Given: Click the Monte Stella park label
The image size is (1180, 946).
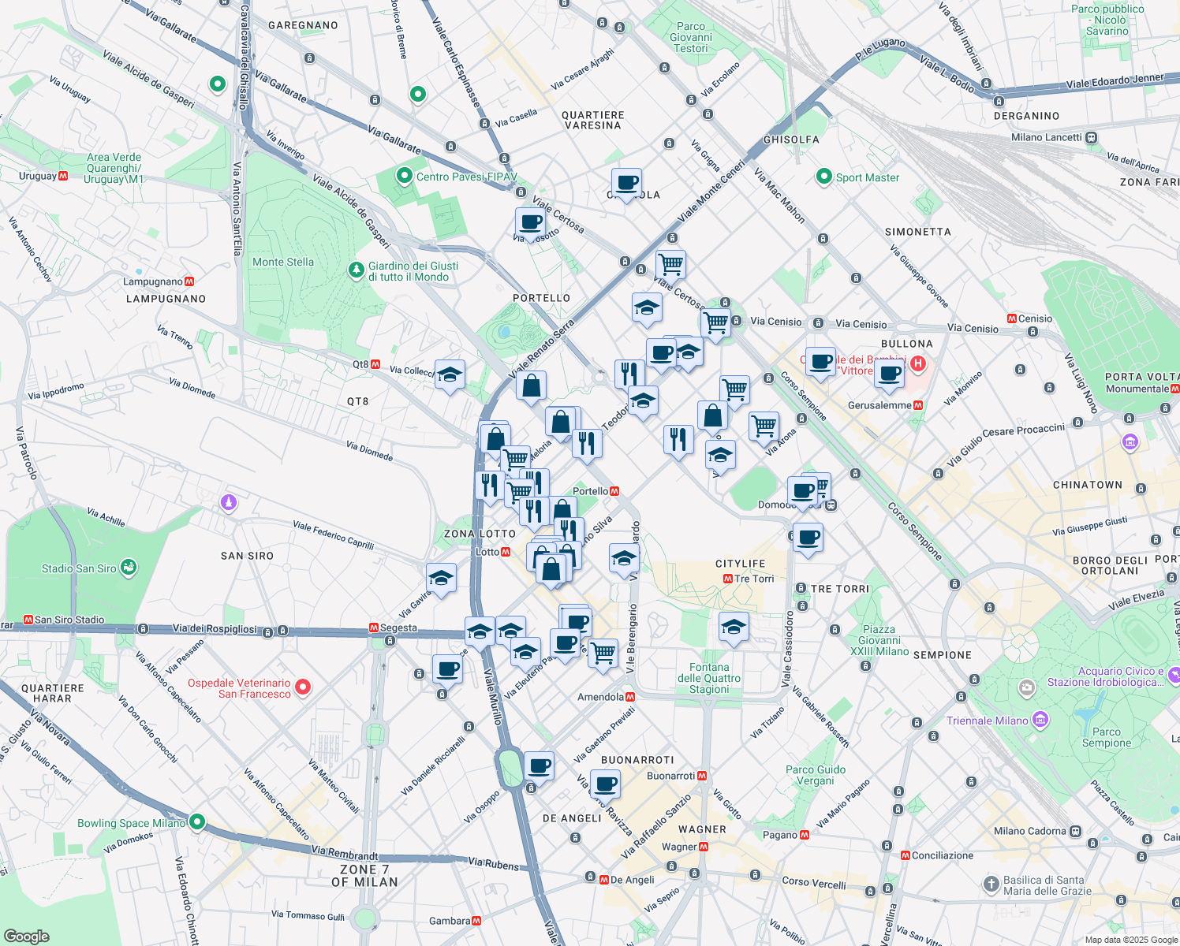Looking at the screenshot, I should point(282,263).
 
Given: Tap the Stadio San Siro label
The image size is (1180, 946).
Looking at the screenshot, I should point(79,568).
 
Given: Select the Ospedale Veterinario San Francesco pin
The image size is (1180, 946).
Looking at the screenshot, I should point(302,687).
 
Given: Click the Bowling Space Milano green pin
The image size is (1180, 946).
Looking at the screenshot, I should point(197,822).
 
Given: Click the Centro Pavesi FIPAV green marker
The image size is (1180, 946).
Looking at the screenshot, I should point(405,176).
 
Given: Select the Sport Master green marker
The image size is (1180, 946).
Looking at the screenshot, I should point(824,177).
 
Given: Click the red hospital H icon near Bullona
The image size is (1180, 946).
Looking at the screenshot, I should point(917,364).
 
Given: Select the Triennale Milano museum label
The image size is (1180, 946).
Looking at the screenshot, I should point(998,721).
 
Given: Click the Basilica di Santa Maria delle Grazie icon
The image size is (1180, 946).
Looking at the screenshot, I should point(991,885).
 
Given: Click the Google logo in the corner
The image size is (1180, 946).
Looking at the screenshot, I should point(26,937).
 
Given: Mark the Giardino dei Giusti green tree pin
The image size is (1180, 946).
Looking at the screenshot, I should point(357,271).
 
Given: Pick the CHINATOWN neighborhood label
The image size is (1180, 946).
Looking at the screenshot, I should point(1087,485).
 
